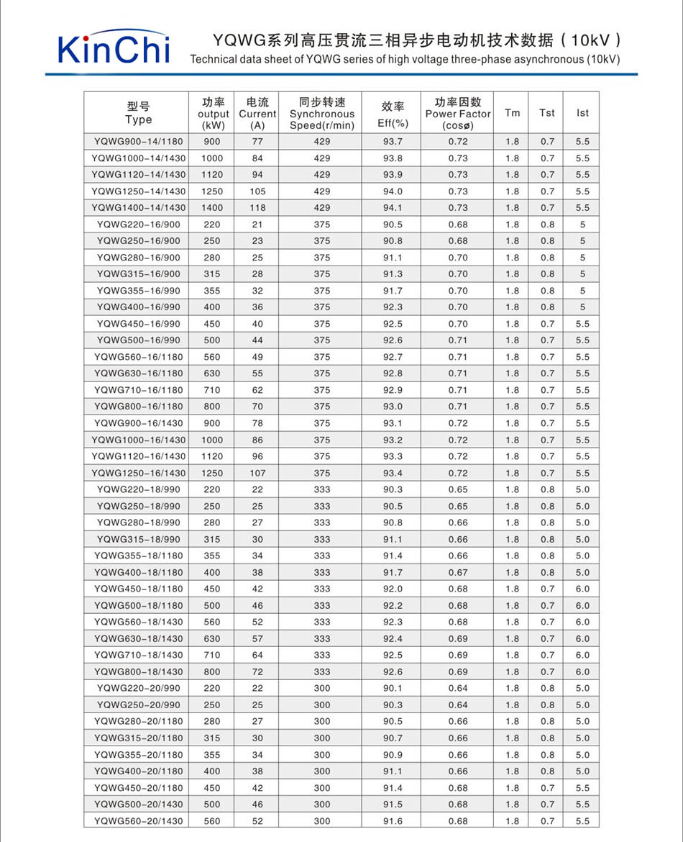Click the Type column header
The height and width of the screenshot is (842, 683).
point(138,113)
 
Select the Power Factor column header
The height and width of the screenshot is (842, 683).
point(458,113)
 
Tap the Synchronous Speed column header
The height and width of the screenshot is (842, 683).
point(322,113)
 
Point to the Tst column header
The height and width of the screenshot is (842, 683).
point(547,113)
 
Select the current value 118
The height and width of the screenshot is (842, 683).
point(257,208)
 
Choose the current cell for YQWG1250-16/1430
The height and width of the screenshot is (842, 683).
point(257,473)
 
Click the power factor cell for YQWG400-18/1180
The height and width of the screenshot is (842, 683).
point(458,572)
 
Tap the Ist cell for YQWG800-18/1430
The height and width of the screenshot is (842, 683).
point(582,671)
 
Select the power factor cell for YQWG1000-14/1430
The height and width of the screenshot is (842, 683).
point(458,158)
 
